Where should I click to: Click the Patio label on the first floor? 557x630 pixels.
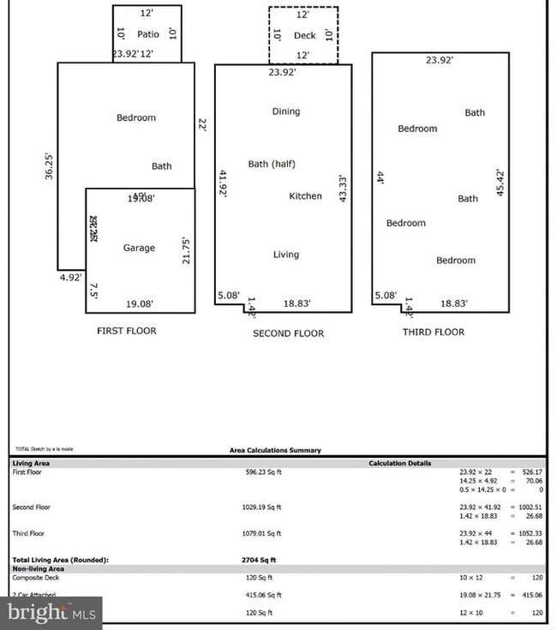[x=148, y=35]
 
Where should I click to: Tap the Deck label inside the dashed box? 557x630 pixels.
[x=304, y=35]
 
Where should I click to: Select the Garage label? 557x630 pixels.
[x=139, y=248]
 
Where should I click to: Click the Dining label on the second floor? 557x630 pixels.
[x=286, y=111]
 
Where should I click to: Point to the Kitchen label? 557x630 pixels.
[x=305, y=196]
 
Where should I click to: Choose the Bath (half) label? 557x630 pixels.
[x=272, y=164]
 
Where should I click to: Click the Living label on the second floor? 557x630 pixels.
[x=286, y=255]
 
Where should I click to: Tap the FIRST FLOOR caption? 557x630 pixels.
[x=127, y=331]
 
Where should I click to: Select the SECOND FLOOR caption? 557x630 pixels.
[x=288, y=333]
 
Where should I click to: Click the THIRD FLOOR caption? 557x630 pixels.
[x=434, y=333]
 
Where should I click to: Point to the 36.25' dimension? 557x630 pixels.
[x=49, y=166]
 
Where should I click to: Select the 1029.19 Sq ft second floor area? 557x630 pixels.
[x=263, y=507]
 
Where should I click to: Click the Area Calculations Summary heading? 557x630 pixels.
[x=275, y=450]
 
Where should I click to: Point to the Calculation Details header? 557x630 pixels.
[x=400, y=464]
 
